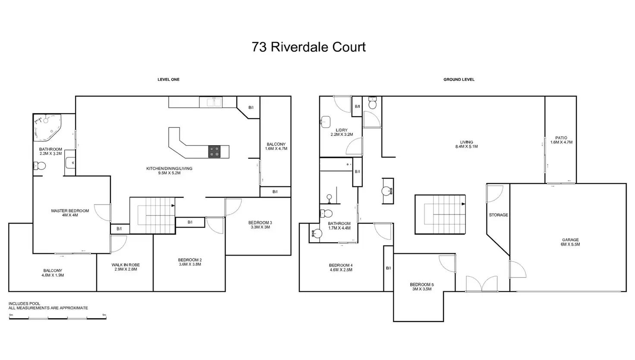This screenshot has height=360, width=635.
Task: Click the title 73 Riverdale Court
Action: coord(308,47)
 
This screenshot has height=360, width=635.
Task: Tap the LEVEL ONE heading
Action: coord(168,79)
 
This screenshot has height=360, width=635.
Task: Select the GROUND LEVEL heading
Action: coord(459,79)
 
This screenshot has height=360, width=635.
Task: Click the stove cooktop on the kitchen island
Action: coord(214,152)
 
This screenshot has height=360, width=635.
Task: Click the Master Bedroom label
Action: coord(70,213)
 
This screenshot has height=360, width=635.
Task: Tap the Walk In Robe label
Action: coord(126,267)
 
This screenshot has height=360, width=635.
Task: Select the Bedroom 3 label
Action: coord(260,225)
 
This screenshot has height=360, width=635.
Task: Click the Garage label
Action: coord(570,242)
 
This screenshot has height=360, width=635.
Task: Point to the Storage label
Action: coord(498,215)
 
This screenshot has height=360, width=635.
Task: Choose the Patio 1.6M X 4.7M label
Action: coord(561,140)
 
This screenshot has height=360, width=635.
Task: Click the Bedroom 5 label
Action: coord(421,287)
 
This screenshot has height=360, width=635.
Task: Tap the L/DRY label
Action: coord(341,132)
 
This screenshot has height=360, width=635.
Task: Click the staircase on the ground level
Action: coord(440,214)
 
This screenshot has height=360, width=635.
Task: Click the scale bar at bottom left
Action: coord(57,318)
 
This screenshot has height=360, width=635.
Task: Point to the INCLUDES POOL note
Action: coord(24,304)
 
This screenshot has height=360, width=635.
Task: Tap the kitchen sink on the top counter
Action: coord(211,102)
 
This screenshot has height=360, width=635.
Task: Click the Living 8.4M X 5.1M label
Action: coord(466,144)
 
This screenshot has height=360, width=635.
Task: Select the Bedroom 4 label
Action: coord(340,268)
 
